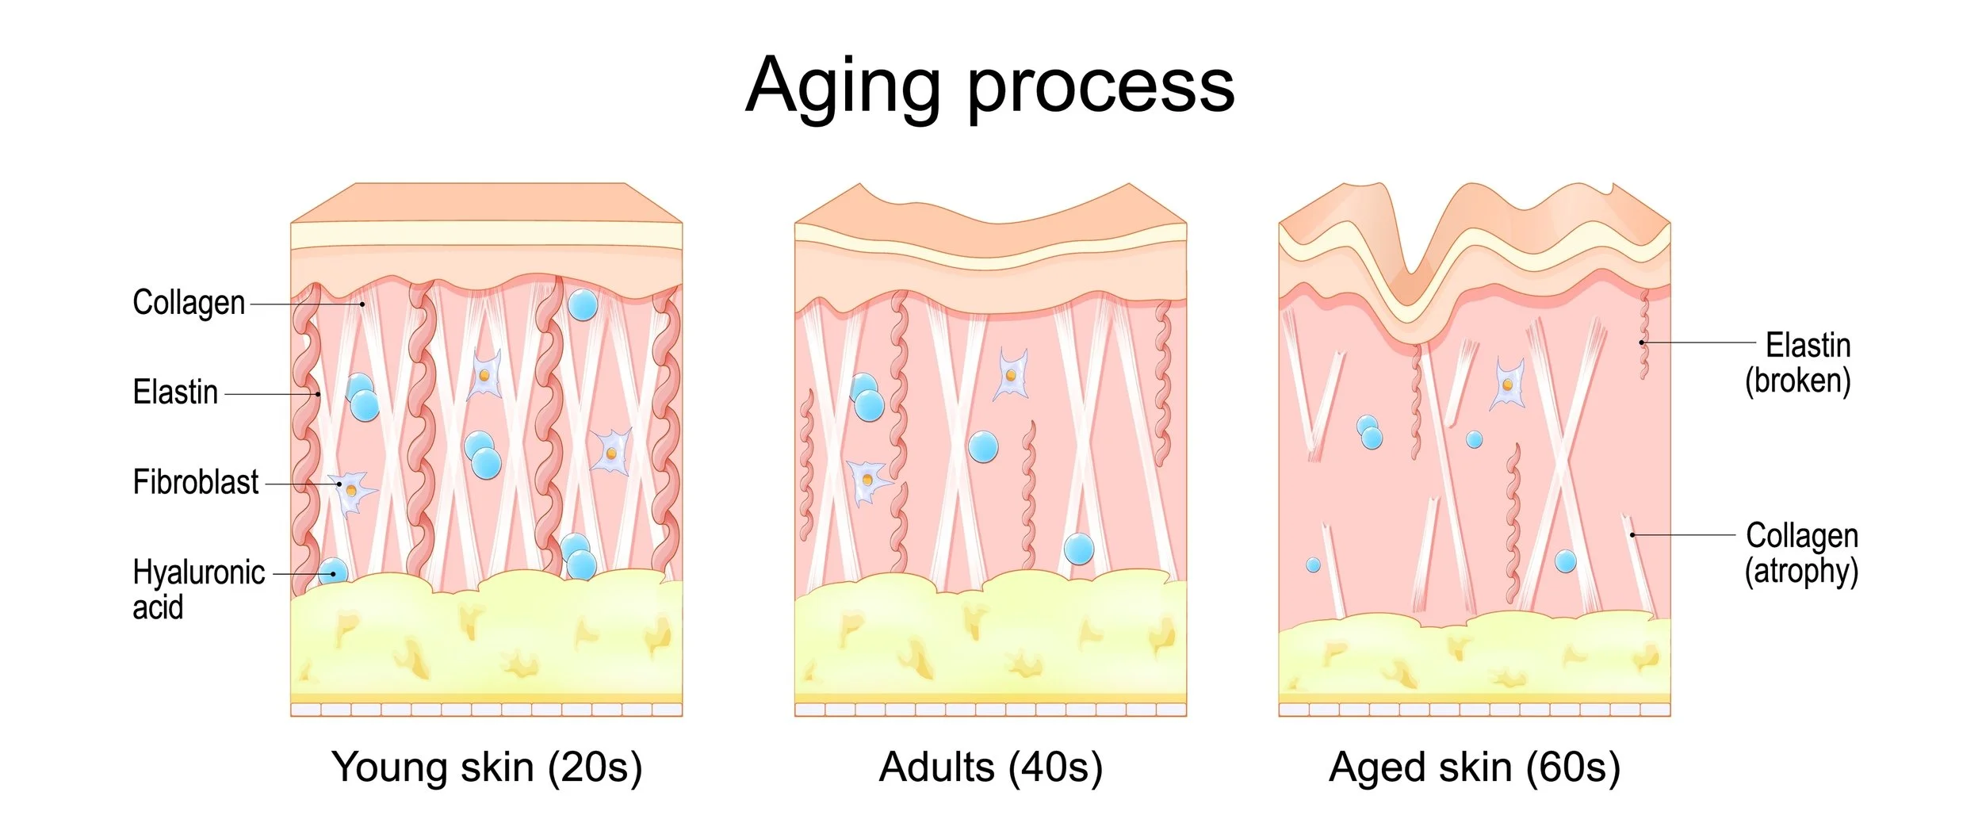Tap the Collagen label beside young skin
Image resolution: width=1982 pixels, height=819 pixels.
189,303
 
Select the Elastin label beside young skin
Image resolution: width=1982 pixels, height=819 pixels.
175,392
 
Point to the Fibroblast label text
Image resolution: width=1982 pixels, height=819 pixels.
195,482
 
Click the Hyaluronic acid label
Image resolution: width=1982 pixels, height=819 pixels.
198,589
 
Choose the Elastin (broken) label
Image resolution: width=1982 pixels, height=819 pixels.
1798,363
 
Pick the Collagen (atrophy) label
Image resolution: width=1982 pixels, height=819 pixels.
1801,553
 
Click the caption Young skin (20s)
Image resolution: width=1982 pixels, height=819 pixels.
487,767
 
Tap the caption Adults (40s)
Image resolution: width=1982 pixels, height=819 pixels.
991,767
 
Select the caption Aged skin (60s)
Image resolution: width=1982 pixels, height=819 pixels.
1475,767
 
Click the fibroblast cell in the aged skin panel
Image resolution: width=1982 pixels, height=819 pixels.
1507,385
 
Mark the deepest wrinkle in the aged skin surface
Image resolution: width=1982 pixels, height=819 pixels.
1413,293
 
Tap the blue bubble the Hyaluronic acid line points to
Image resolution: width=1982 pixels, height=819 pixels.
333,572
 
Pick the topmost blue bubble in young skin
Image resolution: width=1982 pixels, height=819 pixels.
583,305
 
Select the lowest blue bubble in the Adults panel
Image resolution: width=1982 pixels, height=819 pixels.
1079,549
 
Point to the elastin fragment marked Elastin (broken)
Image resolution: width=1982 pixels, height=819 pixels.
1643,337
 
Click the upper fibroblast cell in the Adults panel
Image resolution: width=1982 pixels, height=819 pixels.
1012,374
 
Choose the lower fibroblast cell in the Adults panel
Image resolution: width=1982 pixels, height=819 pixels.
867,480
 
